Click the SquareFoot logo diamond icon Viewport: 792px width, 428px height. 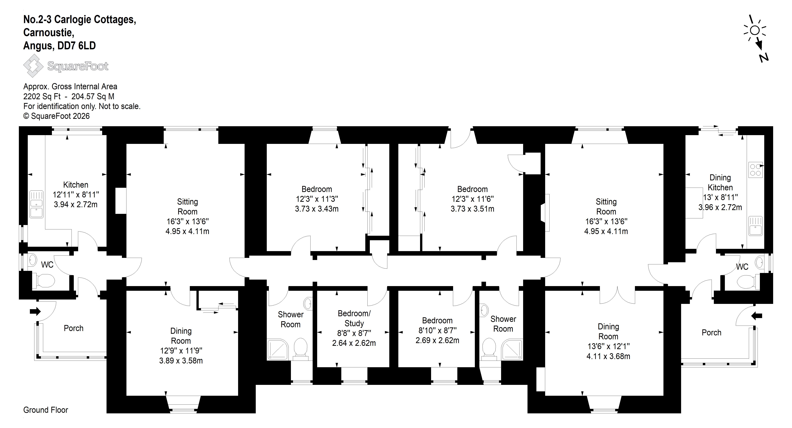(x=33, y=66)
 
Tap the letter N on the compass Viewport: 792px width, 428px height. (x=764, y=57)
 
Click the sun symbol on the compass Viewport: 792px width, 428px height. (x=755, y=30)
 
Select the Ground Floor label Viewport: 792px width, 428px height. (x=46, y=410)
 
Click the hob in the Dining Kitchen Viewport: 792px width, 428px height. (x=755, y=170)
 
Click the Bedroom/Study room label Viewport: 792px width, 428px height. (x=354, y=318)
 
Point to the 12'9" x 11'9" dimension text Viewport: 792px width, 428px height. (x=181, y=351)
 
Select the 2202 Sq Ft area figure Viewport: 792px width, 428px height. (x=42, y=97)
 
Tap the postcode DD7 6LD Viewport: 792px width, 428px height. (x=76, y=46)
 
